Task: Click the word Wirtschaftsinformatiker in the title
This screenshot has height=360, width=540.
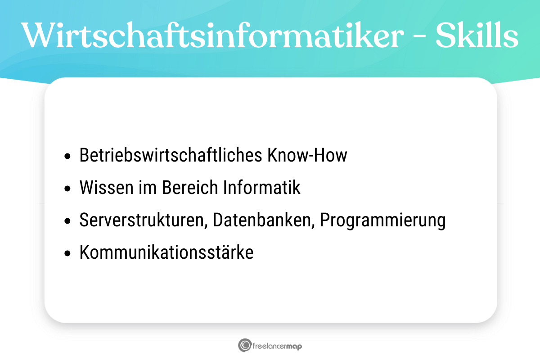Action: tap(211, 35)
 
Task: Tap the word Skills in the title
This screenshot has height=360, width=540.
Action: tap(477, 35)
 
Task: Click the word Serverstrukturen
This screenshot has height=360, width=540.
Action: tap(142, 220)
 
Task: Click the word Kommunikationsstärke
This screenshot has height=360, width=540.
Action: tap(166, 253)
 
